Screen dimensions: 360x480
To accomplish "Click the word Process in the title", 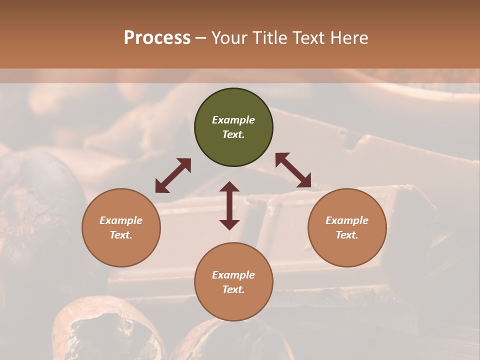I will (157, 38).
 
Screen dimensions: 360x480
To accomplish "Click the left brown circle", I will (121, 227).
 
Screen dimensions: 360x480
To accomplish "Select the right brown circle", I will (347, 227).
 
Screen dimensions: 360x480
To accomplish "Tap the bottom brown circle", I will (233, 281).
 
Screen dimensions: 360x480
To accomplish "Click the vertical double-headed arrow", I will (229, 205).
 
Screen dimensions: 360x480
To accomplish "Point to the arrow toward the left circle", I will (173, 175).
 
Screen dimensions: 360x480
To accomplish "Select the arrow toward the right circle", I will (293, 170).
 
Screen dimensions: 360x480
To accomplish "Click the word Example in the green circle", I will (233, 120).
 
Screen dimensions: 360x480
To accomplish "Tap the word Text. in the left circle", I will (121, 235).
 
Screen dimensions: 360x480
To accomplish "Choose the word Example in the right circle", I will (347, 220).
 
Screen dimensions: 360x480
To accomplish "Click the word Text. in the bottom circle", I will (233, 289).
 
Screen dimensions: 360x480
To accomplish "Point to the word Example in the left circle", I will (121, 220).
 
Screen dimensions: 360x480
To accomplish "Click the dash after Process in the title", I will (201, 38).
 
